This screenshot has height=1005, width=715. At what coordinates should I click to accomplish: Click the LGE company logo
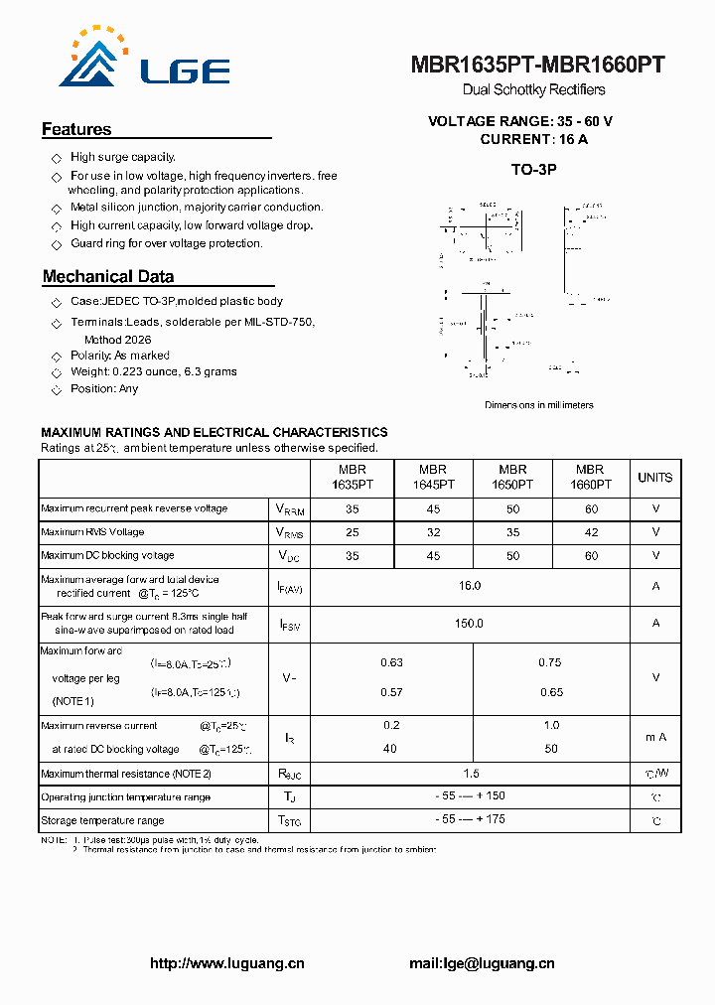pos(145,61)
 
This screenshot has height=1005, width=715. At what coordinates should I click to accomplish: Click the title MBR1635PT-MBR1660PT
pos(537,66)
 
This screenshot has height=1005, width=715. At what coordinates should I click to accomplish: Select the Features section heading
pos(76,129)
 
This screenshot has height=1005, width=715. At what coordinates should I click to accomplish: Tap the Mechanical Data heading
pos(108,277)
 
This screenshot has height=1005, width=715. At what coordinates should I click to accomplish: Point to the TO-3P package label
pos(533,170)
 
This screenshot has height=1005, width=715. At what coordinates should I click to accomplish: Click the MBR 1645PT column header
pos(433,478)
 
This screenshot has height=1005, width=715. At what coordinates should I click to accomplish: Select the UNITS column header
pos(654,478)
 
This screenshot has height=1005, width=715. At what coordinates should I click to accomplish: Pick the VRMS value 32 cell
pos(433,532)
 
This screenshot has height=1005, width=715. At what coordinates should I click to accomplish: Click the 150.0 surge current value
pos(470,624)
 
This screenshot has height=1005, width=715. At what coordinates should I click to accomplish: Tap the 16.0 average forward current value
pos(470,586)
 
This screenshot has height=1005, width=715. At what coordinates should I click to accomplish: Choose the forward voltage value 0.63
pos(391,662)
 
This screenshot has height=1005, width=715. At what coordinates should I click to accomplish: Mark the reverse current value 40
pos(391,749)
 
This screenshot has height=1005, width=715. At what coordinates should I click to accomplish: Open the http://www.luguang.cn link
pos(226,963)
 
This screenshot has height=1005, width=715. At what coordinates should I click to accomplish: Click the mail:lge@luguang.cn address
pos(482,963)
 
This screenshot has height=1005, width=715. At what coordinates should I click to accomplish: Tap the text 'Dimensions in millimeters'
pos(538,405)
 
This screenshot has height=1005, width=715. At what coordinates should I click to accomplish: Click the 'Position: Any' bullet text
pos(104,389)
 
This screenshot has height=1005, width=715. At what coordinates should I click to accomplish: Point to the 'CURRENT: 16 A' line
pos(533,140)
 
